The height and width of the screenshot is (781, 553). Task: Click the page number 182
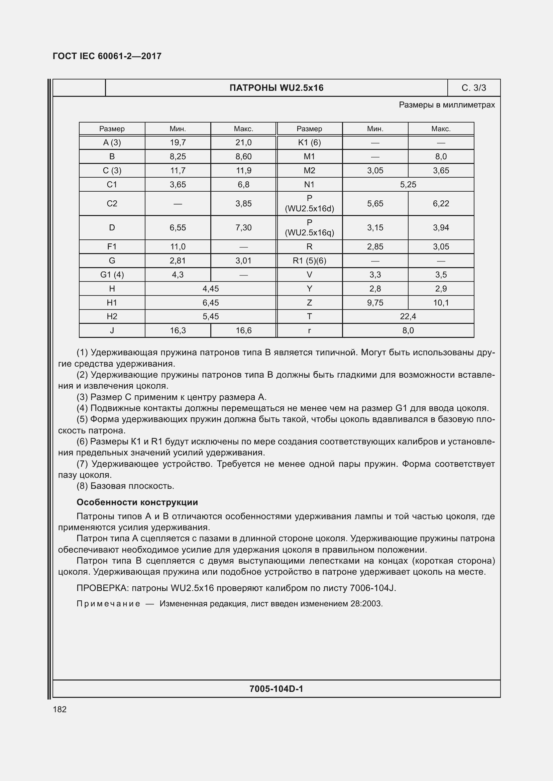coord(60,709)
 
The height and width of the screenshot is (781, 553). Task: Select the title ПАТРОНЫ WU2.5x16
coord(276,88)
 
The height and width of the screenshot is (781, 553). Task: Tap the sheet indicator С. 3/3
coord(473,88)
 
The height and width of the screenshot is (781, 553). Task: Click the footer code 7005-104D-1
coord(276,689)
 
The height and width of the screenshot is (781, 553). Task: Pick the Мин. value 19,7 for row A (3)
coord(178,143)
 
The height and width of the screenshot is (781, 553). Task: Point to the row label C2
coord(112,203)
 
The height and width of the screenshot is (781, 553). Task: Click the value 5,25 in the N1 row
coord(408,184)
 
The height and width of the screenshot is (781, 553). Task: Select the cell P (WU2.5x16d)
coord(309,203)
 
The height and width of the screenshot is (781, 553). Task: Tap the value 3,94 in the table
coord(441,228)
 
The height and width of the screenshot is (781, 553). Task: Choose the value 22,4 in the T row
coord(408,316)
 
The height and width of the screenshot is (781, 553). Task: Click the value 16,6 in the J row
coord(243,330)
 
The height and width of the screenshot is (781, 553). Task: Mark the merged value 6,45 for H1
coord(210,303)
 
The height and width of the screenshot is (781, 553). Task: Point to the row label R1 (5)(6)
coord(309,260)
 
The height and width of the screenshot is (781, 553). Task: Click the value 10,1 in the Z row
coord(441,303)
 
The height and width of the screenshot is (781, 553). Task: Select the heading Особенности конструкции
coord(137,502)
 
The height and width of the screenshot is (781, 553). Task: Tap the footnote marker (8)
coord(82,486)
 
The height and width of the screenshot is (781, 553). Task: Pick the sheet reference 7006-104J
coord(372,588)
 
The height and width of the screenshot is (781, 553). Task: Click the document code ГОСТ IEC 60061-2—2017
coord(107,56)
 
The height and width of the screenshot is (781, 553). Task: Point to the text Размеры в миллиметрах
coord(447,105)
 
